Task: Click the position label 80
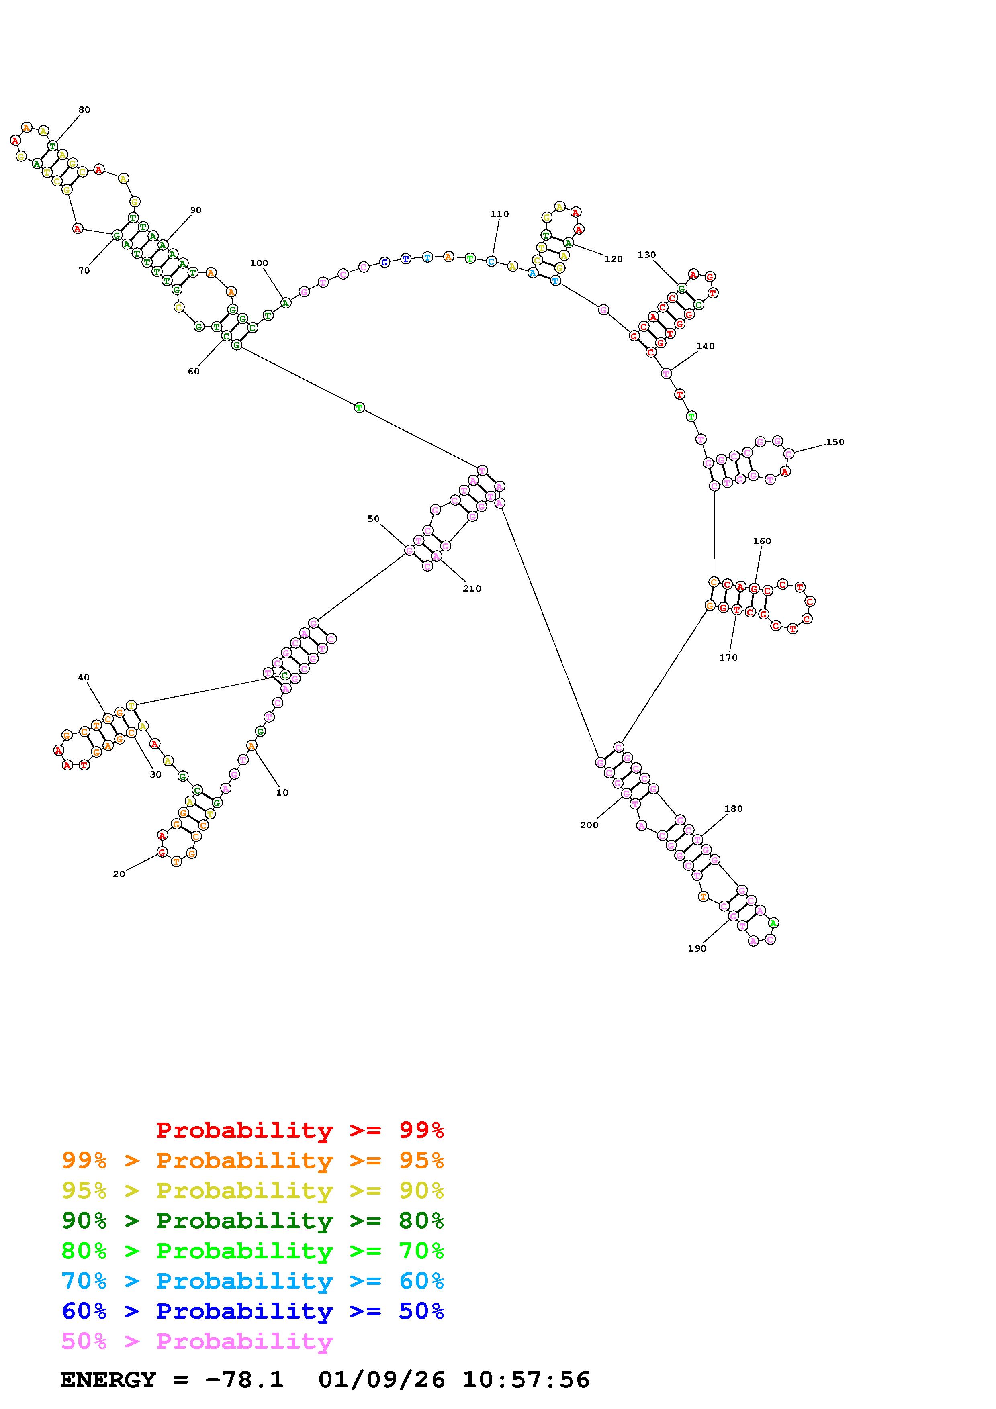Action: tap(84, 110)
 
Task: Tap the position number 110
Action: tap(499, 214)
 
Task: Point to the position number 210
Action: tap(472, 588)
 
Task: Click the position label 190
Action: tap(697, 948)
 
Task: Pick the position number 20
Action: tap(119, 874)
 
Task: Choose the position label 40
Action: tap(84, 678)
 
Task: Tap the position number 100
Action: tap(259, 263)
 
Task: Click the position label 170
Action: tap(728, 657)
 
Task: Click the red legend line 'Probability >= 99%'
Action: tap(300, 1130)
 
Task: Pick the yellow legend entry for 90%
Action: tap(253, 1190)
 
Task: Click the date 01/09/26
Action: tap(382, 1380)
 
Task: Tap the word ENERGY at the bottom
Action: tap(108, 1380)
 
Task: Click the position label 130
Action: tap(647, 255)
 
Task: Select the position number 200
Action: tap(589, 825)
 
